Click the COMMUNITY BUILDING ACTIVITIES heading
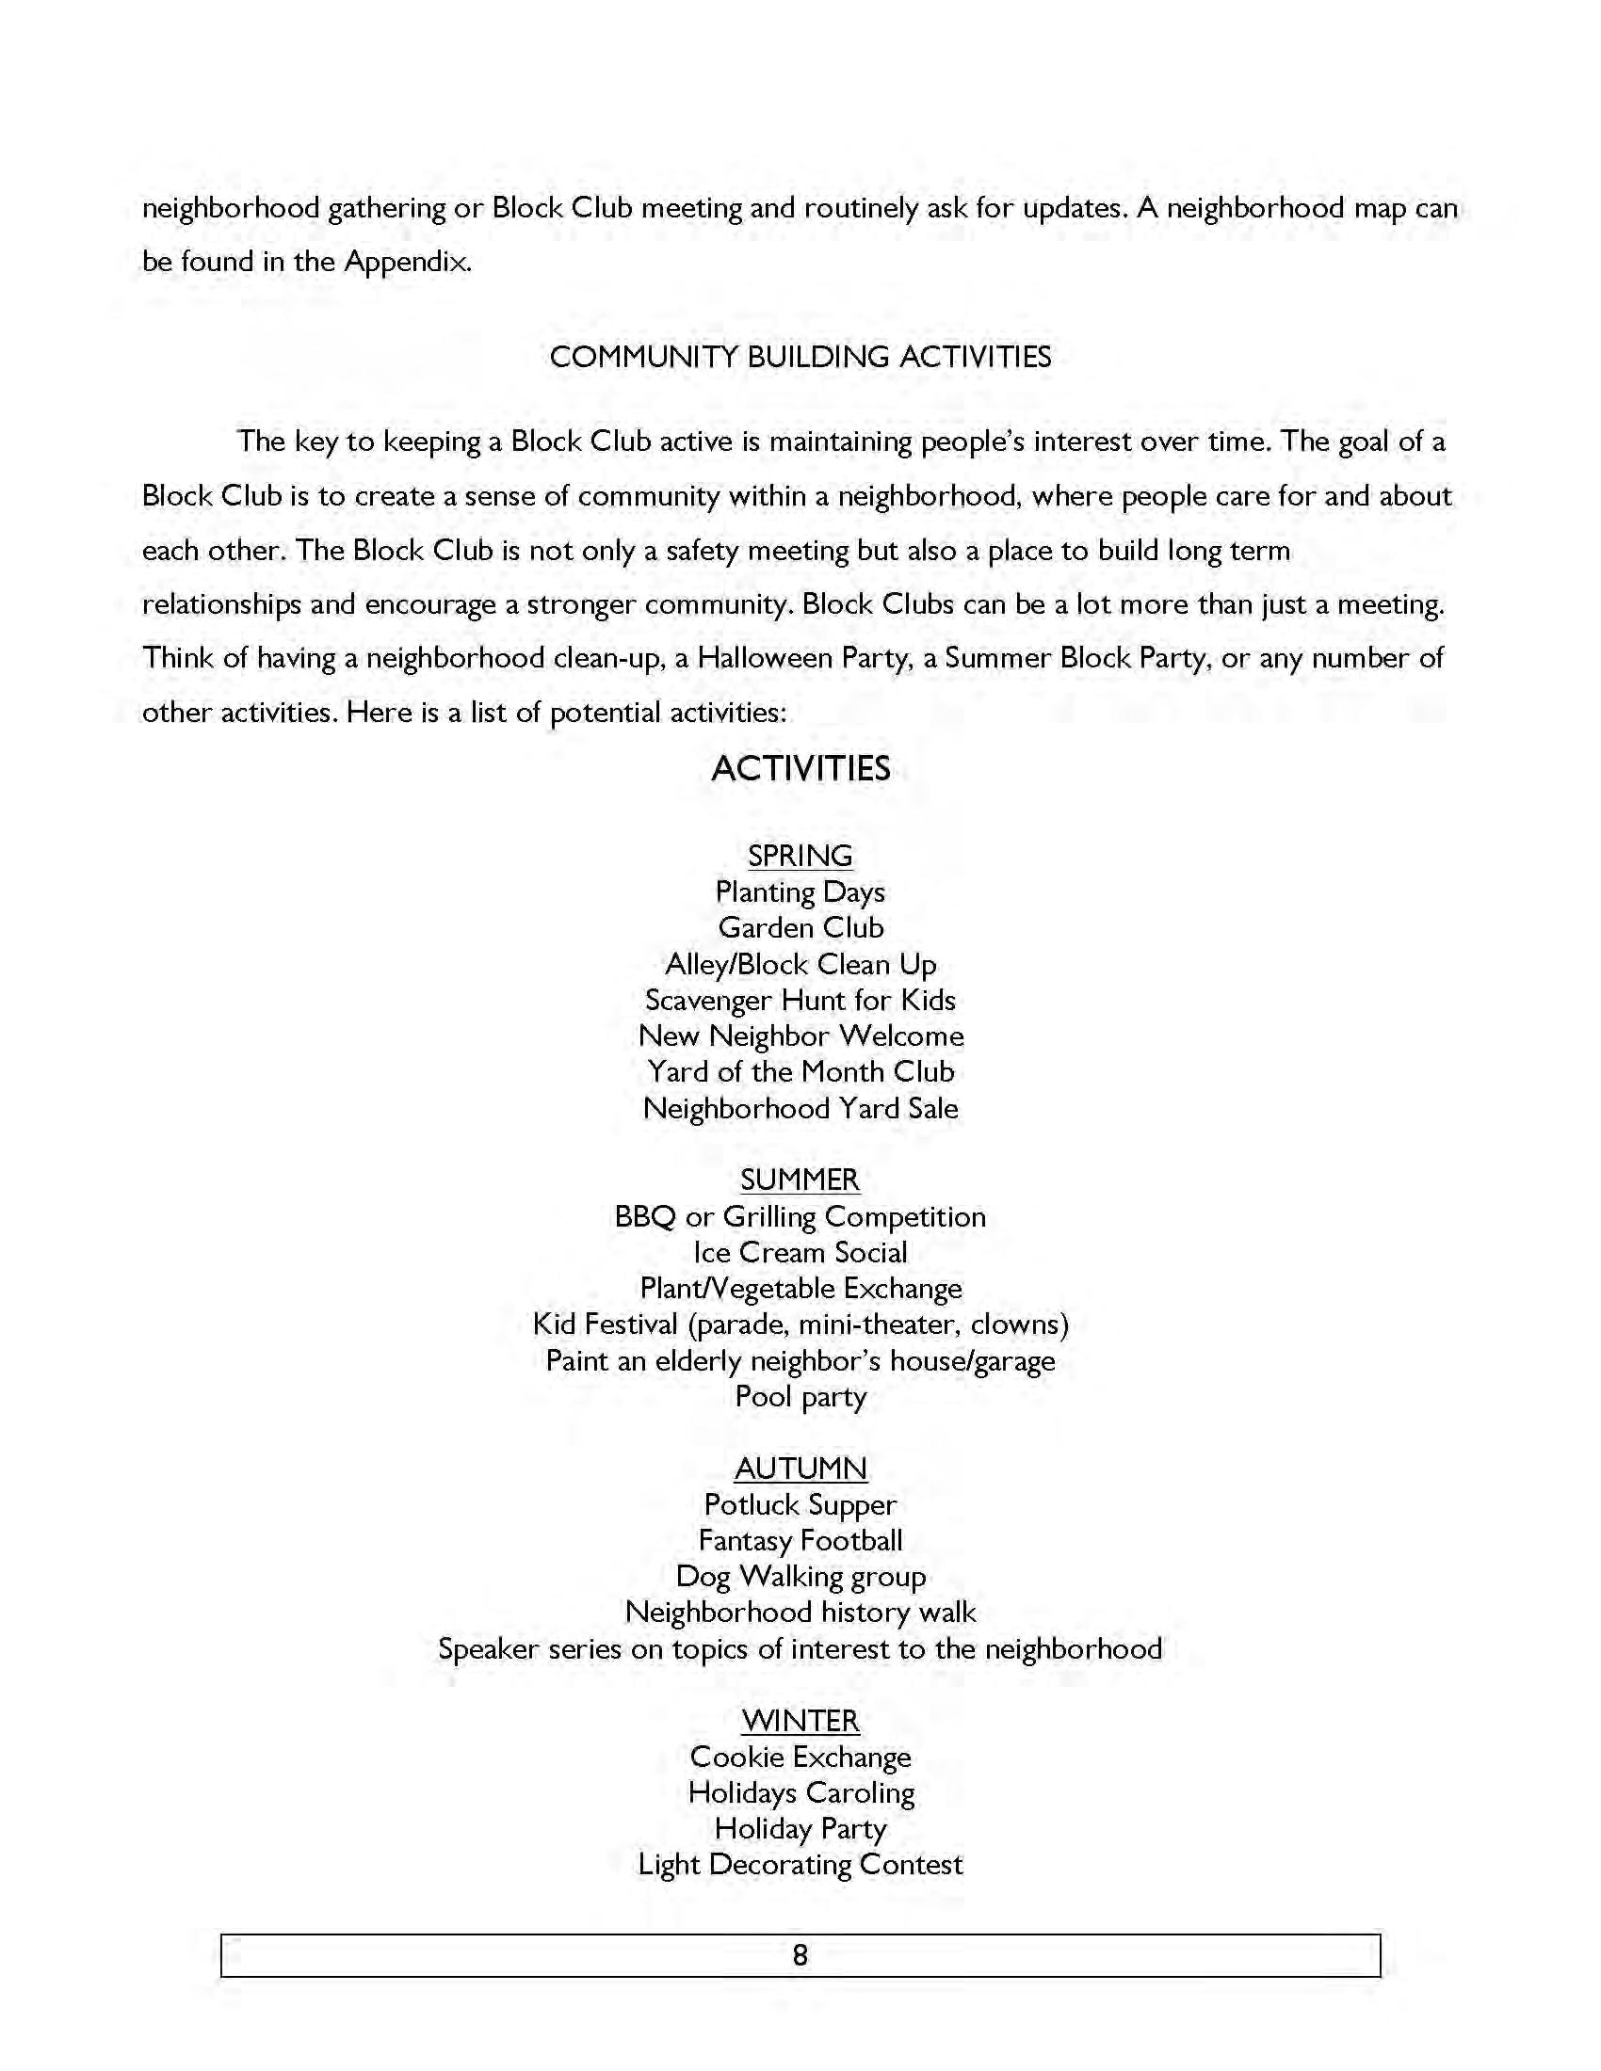(800, 358)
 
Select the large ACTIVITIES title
(800, 768)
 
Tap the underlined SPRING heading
(800, 856)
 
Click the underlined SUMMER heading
(800, 1180)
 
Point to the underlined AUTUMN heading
(800, 1469)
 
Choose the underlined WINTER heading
(800, 1721)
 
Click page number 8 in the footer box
(800, 1955)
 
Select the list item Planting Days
(800, 892)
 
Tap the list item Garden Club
(800, 927)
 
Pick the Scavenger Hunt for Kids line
(800, 1001)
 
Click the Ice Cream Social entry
(800, 1253)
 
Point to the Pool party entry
(800, 1397)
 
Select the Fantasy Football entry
(800, 1541)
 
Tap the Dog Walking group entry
(800, 1577)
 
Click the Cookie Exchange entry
(800, 1758)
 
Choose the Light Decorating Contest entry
(800, 1865)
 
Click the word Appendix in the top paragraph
(406, 262)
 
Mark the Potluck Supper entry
(800, 1505)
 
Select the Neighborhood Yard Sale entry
(800, 1109)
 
